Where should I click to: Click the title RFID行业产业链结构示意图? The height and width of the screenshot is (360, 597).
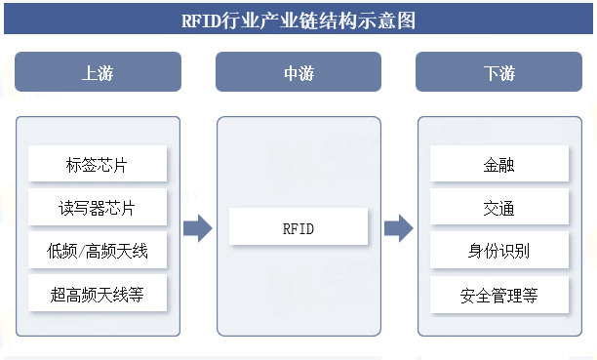tap(298, 20)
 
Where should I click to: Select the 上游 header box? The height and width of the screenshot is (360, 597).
tap(98, 72)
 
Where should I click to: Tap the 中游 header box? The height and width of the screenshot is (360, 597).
tap(298, 72)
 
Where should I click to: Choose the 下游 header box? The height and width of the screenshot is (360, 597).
tap(499, 72)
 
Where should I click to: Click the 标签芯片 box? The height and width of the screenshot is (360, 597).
tap(98, 164)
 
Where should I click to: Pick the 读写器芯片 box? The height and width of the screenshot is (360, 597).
tap(98, 208)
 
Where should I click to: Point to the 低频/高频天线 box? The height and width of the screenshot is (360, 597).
tap(98, 251)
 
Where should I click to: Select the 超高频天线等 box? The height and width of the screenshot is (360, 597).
tap(98, 294)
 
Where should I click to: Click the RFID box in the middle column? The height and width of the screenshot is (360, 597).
tap(298, 229)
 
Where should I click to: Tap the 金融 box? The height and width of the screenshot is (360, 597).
tap(499, 164)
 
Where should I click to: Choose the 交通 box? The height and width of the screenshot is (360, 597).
tap(499, 208)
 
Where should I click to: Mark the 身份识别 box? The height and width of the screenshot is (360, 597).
tap(499, 251)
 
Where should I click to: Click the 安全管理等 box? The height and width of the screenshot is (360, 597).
tap(499, 294)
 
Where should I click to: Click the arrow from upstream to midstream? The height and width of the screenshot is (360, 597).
tap(198, 229)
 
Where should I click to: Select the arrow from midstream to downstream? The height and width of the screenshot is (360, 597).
tap(398, 229)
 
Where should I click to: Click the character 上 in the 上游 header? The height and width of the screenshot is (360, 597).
tap(89, 72)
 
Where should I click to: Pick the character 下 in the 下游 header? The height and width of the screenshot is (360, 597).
tap(491, 72)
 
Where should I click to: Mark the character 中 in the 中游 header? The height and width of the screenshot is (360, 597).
tap(290, 72)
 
